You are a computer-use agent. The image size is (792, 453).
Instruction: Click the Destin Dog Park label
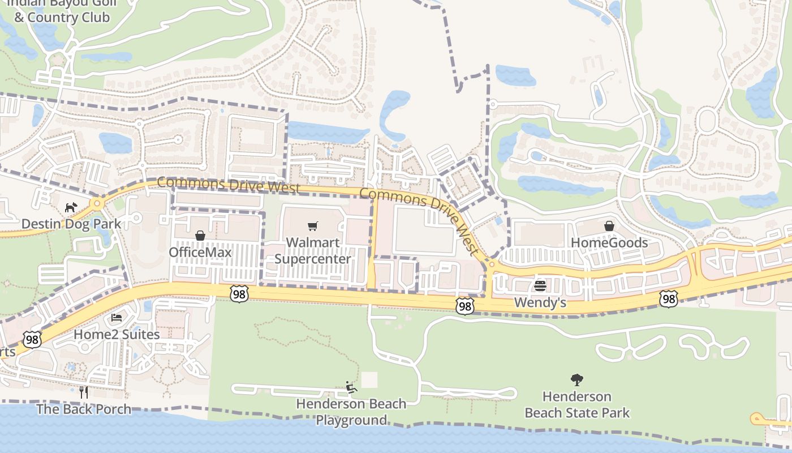point(71,224)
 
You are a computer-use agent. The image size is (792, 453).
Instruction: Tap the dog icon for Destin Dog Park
point(71,208)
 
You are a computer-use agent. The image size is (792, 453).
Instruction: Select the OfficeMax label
point(200,252)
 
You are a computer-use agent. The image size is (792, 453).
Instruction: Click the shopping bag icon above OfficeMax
point(200,236)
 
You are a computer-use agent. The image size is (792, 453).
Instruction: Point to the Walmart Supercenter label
point(313,250)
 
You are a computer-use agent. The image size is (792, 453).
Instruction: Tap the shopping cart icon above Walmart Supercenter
point(313,226)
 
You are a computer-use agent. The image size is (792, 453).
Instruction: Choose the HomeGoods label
point(609,242)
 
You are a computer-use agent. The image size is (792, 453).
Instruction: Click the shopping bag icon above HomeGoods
point(609,226)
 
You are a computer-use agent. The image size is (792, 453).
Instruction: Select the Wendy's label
point(540,302)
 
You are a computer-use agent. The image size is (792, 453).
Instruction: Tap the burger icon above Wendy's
point(540,285)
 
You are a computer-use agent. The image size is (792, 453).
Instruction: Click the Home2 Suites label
point(117,334)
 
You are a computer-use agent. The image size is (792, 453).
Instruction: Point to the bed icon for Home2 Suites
point(117,318)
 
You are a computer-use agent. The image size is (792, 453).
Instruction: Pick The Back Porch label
point(84,409)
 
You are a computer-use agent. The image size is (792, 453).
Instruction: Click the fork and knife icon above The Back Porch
point(84,392)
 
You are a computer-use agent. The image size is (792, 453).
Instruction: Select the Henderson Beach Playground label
point(351,412)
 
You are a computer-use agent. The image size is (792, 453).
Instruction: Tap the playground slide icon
point(351,387)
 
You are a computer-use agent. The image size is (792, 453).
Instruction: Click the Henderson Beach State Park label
point(577,404)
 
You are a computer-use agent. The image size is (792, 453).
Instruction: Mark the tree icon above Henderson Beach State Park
point(577,379)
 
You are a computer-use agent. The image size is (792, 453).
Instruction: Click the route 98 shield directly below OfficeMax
point(239,293)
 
